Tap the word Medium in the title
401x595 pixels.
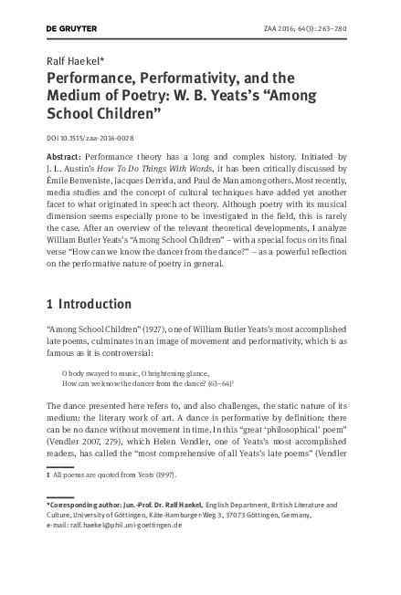[78, 98]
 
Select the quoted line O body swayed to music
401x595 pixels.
[97, 374]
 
